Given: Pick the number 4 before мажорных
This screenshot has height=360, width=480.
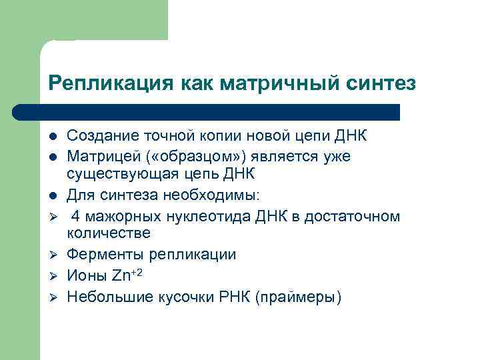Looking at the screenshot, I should point(75,216).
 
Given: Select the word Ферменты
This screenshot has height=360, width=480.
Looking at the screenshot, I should point(101,255).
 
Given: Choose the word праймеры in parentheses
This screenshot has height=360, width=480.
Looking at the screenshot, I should point(300,296).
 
